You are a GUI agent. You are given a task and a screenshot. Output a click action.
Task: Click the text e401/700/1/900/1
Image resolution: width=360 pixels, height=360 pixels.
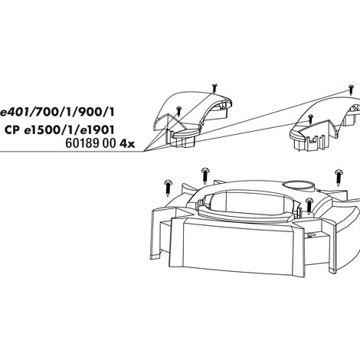[57, 112]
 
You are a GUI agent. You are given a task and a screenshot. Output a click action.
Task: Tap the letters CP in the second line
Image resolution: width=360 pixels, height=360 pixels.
[12, 130]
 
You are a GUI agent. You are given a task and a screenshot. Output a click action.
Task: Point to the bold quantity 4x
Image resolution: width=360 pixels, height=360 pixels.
[127, 144]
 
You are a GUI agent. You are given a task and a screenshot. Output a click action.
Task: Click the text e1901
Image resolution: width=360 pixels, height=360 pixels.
[97, 130]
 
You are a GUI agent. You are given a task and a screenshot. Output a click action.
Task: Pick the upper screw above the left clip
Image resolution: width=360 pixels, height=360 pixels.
[214, 87]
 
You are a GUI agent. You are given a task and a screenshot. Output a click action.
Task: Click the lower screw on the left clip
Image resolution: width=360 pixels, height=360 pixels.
[178, 111]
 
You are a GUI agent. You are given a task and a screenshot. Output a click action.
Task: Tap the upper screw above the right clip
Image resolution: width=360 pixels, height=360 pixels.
[351, 90]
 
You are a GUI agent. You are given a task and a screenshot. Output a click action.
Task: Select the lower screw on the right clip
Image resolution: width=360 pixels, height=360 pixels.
[310, 119]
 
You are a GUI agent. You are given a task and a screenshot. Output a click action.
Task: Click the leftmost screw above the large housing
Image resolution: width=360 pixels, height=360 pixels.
[168, 188]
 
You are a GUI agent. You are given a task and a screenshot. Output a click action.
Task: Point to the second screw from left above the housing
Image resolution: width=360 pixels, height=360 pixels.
[205, 175]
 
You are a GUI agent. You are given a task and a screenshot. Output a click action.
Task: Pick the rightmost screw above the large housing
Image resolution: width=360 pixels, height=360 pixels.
[339, 177]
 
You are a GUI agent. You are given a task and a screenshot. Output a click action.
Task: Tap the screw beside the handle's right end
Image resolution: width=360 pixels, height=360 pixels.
[309, 206]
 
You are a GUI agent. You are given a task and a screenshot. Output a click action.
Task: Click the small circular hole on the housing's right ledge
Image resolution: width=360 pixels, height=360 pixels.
[309, 235]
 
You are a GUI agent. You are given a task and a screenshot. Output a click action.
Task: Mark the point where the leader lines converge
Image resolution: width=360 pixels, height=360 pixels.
[144, 152]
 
